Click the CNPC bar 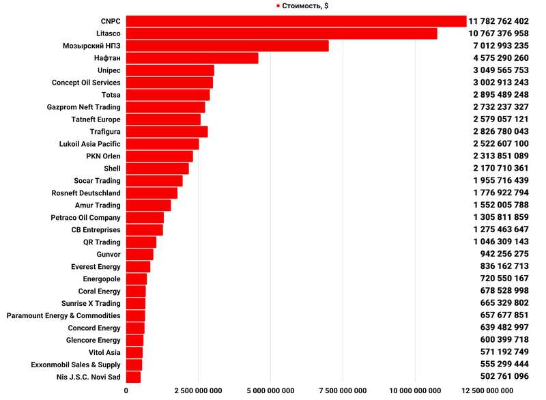point(296,21)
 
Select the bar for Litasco point(281,33)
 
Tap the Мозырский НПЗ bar point(227,46)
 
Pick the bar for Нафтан point(192,58)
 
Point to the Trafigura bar point(167,132)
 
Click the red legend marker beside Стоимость point(278,5)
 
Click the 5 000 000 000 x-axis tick point(271,390)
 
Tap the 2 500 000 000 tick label point(198,390)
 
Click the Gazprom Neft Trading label point(83,107)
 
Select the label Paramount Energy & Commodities point(63,315)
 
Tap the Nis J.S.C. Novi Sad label point(89,377)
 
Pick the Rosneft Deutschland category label point(86,193)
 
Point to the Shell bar point(157,169)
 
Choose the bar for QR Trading point(141,242)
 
